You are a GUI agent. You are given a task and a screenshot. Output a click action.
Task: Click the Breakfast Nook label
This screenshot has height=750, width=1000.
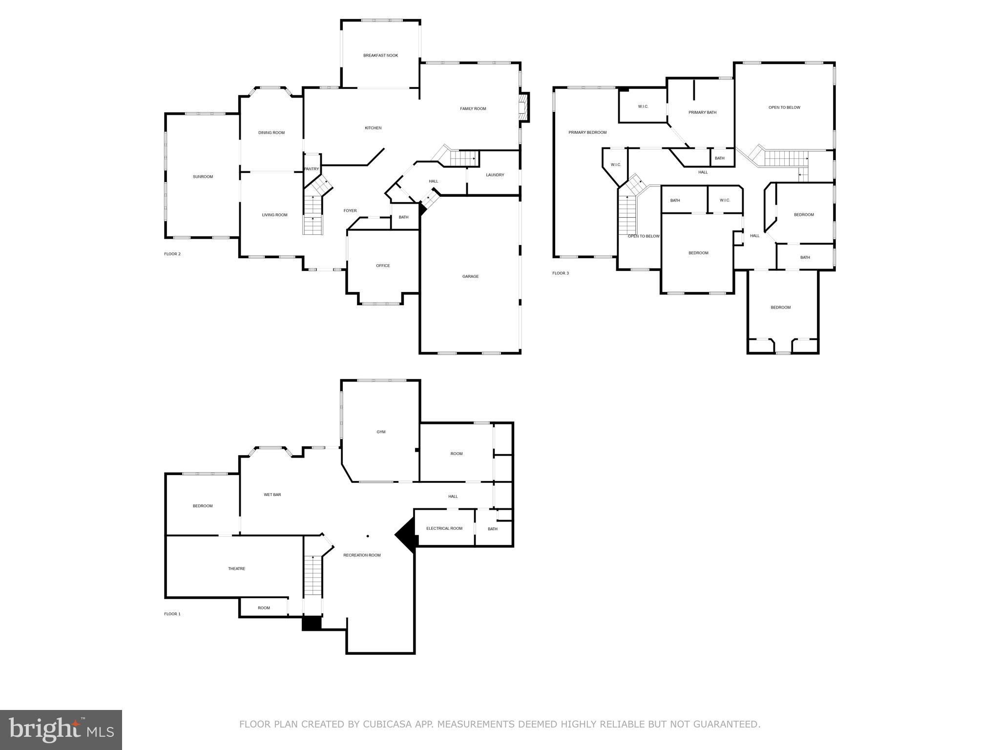[x=380, y=56]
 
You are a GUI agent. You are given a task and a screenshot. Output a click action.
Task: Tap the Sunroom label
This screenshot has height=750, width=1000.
[x=203, y=177]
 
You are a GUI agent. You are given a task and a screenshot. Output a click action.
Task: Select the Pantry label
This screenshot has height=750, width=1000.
[x=312, y=169]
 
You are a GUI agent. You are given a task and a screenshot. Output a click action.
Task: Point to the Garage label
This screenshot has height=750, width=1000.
[x=470, y=277]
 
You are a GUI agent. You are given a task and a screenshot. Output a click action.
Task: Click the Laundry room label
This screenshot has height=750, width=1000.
[x=495, y=175]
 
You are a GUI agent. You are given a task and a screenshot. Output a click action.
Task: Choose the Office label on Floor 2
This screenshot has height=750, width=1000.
[x=383, y=266]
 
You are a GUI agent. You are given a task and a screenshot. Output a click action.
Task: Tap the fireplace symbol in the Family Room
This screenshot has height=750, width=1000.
[x=523, y=107]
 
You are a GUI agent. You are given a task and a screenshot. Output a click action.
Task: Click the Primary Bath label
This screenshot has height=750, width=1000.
[x=702, y=113]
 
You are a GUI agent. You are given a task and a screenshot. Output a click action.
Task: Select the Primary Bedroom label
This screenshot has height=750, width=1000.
[x=587, y=133]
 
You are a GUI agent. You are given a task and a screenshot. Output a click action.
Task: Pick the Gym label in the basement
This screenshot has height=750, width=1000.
[x=381, y=432]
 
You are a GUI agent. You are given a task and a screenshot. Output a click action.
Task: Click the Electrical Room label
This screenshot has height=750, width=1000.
[x=444, y=529]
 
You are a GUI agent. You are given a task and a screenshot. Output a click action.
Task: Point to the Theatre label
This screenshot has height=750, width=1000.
[x=236, y=569]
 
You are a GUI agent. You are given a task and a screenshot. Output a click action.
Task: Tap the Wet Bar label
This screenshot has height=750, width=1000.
[x=272, y=495]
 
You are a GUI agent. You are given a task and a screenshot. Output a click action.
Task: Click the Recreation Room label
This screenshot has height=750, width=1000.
[x=362, y=556]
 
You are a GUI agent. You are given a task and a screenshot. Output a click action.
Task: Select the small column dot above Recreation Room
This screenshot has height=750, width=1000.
[x=368, y=536]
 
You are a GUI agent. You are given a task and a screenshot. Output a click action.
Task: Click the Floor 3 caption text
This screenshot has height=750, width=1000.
[x=561, y=273]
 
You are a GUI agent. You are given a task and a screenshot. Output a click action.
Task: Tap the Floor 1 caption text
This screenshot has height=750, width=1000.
[x=172, y=614]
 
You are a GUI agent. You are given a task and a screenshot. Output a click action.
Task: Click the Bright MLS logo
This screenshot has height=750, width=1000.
[x=61, y=730]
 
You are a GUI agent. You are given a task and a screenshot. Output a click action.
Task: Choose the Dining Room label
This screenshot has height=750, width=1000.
[x=271, y=133]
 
